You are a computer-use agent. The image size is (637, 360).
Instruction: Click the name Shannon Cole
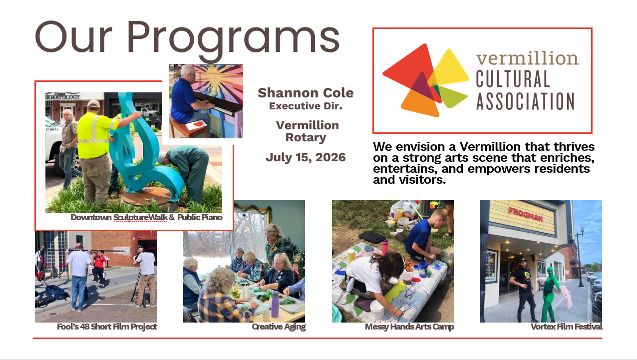tap(306, 93)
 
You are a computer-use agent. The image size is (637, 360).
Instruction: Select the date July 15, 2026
tap(306, 157)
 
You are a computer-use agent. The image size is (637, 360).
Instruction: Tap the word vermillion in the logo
tap(527, 58)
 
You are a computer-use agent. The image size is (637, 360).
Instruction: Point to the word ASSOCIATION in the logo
tap(526, 101)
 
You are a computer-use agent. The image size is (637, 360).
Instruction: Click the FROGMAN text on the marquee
tap(526, 214)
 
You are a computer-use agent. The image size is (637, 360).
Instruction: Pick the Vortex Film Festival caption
tap(567, 327)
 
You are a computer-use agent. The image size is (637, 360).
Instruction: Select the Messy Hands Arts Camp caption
tap(409, 327)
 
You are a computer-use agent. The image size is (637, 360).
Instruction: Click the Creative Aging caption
tap(279, 327)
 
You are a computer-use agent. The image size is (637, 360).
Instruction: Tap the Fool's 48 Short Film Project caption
tap(107, 327)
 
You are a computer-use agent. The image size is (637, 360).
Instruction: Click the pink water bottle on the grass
tap(385, 247)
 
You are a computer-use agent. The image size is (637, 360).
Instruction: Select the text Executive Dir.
tap(306, 106)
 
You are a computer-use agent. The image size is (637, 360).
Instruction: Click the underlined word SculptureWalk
tap(140, 217)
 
